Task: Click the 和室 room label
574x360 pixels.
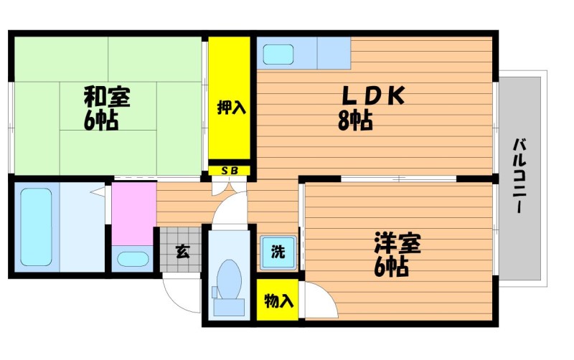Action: (107, 97)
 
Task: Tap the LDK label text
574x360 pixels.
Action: (373, 95)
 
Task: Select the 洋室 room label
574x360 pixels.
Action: (397, 243)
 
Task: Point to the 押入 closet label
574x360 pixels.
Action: (231, 107)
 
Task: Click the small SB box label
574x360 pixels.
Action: (230, 171)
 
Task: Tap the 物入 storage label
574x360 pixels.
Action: (278, 300)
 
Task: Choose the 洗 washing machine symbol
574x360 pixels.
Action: (278, 252)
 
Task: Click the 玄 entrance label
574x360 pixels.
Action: (182, 251)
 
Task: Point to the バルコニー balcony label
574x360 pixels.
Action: (519, 175)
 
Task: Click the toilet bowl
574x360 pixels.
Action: (229, 279)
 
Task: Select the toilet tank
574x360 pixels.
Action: (229, 307)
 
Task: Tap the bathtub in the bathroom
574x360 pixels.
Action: (36, 227)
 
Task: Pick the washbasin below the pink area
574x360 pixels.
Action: (133, 260)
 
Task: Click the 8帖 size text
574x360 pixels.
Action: (355, 120)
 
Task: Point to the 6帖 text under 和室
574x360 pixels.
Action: (101, 120)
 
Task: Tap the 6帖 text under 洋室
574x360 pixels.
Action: (391, 267)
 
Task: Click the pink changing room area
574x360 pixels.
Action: (134, 213)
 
